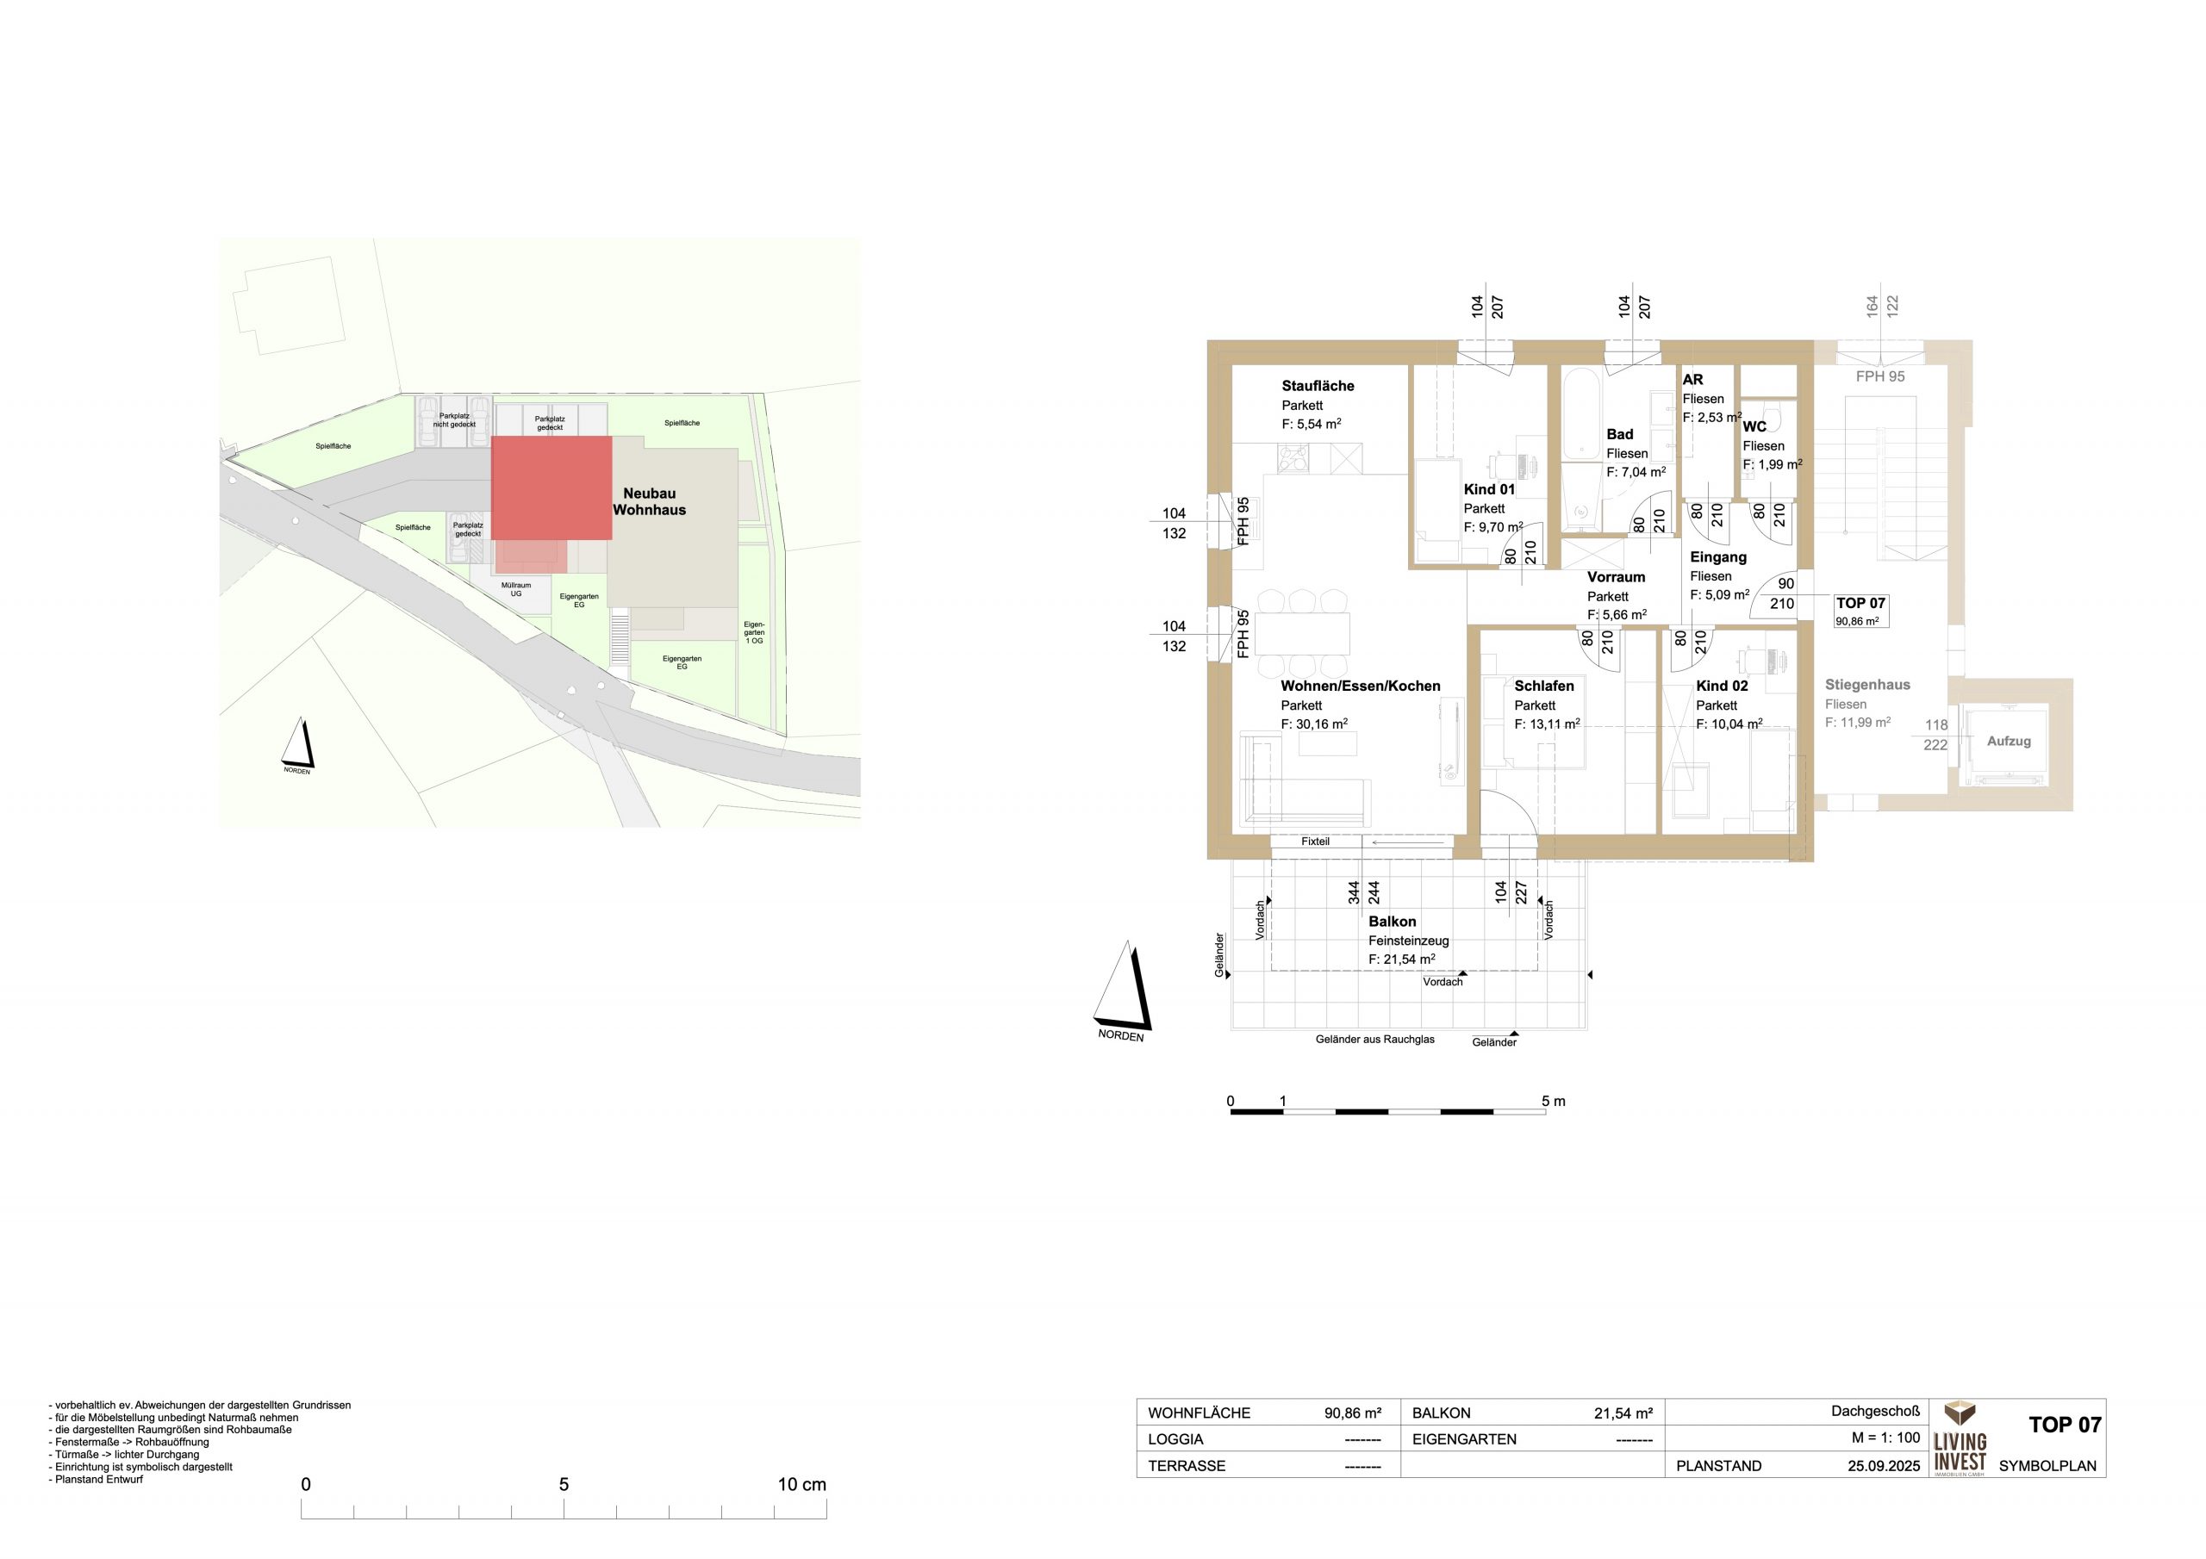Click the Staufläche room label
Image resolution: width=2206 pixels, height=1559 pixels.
click(1318, 386)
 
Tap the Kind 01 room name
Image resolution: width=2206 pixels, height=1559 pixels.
click(1489, 489)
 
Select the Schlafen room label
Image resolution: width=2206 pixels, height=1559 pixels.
click(1544, 686)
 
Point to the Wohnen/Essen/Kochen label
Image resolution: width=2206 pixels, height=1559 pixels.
click(1361, 686)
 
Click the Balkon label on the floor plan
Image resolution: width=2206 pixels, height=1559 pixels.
click(1393, 921)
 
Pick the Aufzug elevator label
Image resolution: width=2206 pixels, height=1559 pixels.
click(2009, 742)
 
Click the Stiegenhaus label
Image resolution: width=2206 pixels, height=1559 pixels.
click(1868, 685)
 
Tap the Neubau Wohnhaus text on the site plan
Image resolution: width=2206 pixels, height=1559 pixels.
click(650, 501)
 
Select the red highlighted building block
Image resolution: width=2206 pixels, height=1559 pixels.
click(551, 488)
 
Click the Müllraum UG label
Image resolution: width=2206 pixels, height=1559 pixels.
click(516, 590)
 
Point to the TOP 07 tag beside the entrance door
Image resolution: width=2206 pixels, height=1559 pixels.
click(1861, 610)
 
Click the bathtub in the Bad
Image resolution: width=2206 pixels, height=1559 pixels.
click(1580, 416)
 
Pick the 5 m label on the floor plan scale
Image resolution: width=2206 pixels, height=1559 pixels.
click(1554, 1102)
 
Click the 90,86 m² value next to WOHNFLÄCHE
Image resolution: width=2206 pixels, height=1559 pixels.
click(1353, 1413)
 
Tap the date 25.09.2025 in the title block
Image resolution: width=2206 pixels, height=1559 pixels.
click(1884, 1466)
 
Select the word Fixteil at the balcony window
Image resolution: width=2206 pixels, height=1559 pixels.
click(1315, 842)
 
